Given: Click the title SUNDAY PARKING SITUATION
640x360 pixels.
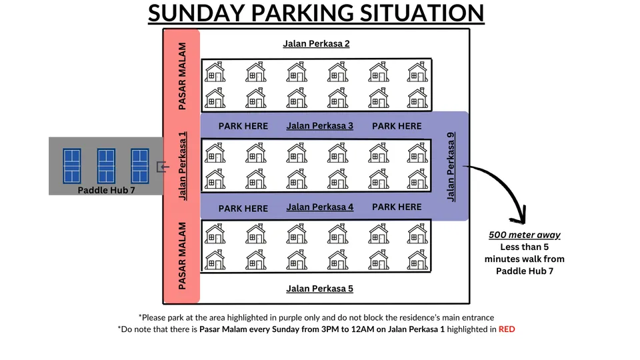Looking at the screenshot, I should coord(316,13).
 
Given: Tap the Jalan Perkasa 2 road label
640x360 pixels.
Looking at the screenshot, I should coord(316,44).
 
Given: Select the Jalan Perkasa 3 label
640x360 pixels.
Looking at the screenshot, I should coord(319,125).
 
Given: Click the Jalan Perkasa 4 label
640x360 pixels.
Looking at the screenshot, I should coord(319,207).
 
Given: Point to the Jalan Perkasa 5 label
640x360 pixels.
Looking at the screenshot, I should coord(319,289).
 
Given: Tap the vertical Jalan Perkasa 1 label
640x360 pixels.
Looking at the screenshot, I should coord(183,166).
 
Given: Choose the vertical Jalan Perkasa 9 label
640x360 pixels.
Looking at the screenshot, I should coord(451,167).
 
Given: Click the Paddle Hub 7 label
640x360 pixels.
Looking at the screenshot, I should coord(105,190).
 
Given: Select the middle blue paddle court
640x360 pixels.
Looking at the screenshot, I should coord(107,166).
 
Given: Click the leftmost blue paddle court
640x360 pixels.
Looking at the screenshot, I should coord(72,166).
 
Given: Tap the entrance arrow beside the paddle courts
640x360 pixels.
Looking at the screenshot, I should coord(161,167).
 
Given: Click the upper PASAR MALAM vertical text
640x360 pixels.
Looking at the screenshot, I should coord(183,77).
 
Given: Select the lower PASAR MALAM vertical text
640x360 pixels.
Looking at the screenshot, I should coord(183,255).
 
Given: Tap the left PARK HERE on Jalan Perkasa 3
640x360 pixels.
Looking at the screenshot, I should coord(243,126).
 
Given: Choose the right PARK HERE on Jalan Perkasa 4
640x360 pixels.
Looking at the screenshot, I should coord(397,207).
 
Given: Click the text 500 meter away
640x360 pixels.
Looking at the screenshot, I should coord(524,235).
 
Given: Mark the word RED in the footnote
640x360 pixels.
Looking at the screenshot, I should coord(507,329).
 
